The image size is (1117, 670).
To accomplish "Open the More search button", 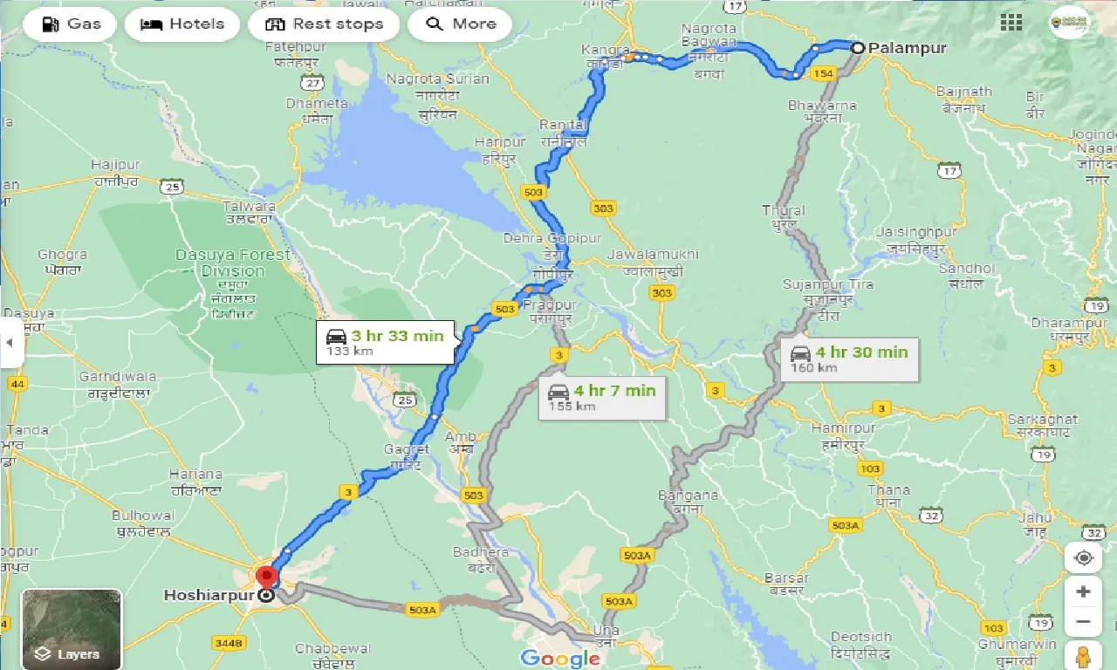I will pyautogui.click(x=461, y=24).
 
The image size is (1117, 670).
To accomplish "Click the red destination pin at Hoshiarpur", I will pyautogui.click(x=265, y=577).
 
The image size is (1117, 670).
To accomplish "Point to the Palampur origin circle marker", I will pyautogui.click(x=858, y=48).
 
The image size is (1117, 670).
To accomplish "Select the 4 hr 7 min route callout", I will pyautogui.click(x=602, y=398).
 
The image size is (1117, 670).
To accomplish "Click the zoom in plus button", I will pyautogui.click(x=1083, y=591).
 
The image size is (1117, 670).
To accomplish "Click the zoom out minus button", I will pyautogui.click(x=1083, y=621).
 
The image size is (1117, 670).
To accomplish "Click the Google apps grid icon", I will pyautogui.click(x=1011, y=23).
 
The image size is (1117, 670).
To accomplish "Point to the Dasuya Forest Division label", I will pyautogui.click(x=232, y=263).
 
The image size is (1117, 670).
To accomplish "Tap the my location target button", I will pyautogui.click(x=1083, y=558).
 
